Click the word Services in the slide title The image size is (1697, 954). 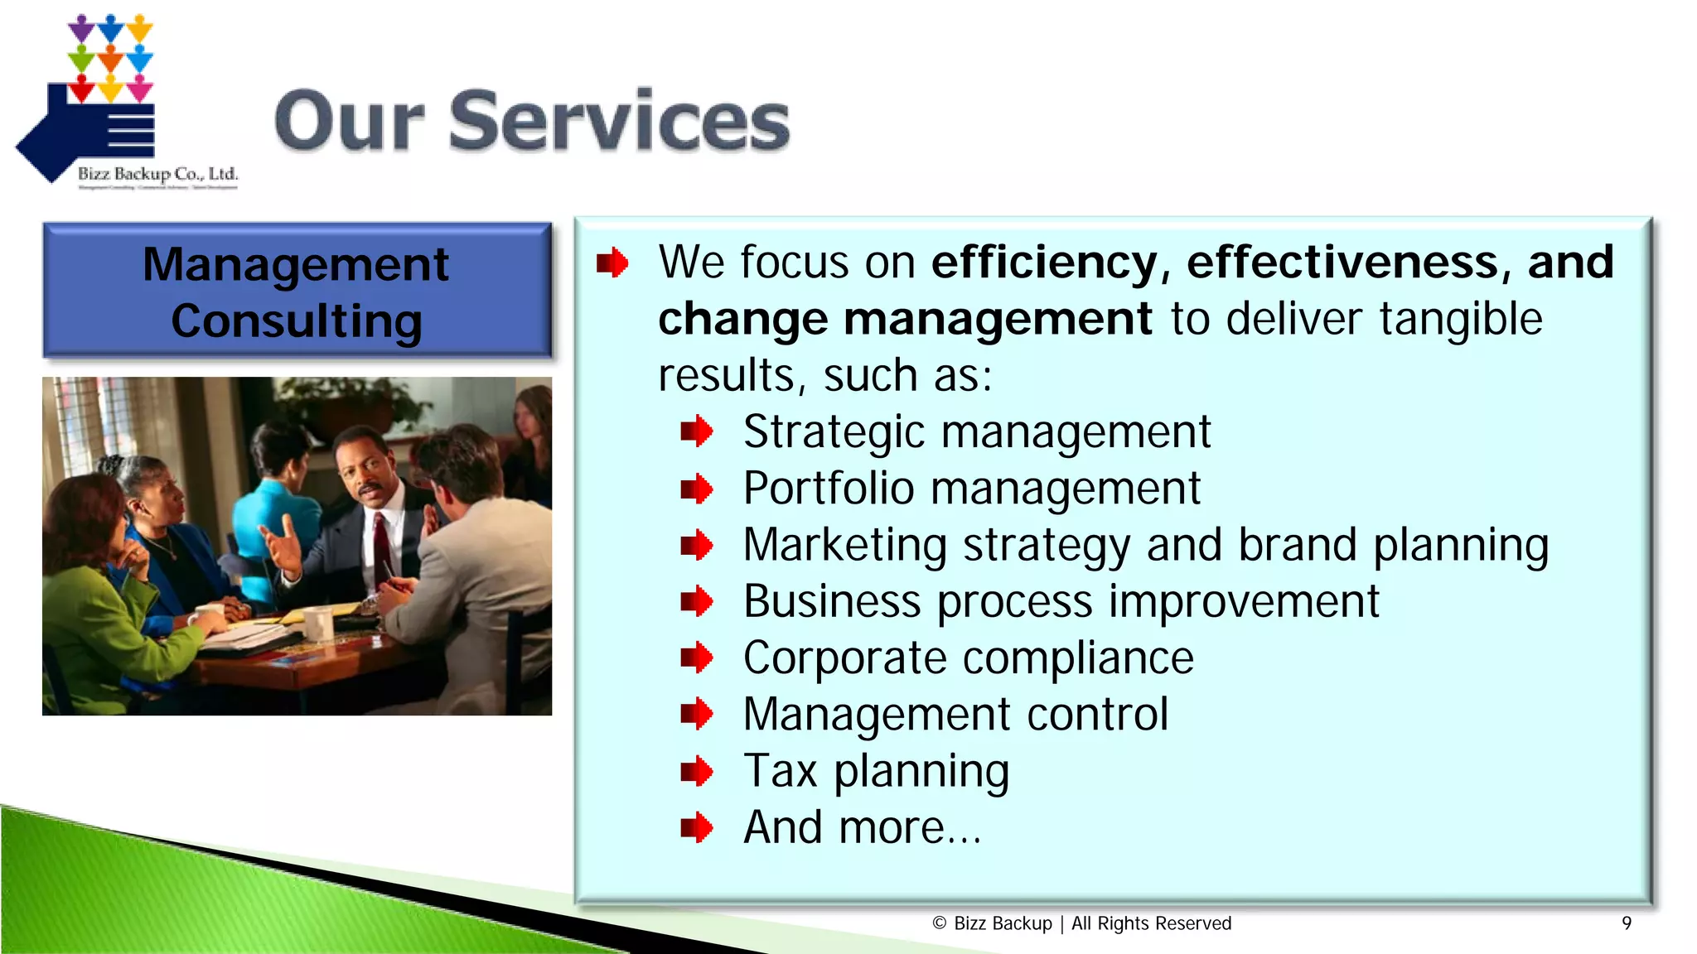point(619,122)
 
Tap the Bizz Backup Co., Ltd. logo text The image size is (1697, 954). point(157,174)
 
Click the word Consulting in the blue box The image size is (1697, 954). point(297,321)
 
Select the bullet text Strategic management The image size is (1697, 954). point(976,432)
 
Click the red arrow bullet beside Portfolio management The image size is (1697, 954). point(696,489)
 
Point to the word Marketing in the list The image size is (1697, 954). point(844,546)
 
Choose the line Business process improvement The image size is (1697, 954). point(1061,602)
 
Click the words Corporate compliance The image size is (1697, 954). point(968,658)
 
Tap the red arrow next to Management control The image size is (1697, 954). point(696,715)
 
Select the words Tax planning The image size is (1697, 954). point(876,772)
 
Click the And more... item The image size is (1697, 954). point(862,828)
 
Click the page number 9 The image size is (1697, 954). point(1627,923)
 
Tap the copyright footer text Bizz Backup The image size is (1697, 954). point(1003,923)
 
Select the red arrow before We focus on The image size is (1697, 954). point(612,264)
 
